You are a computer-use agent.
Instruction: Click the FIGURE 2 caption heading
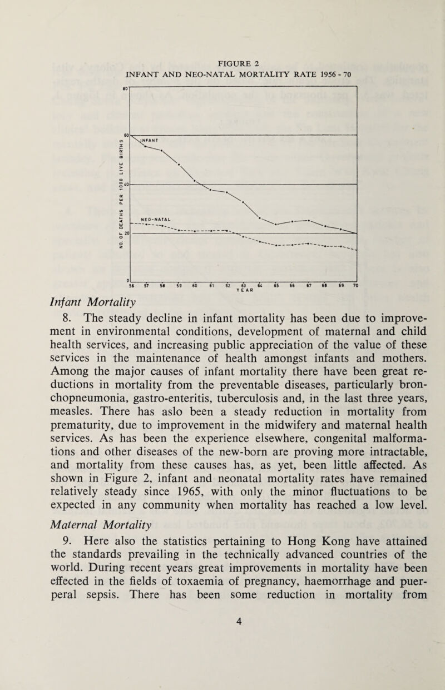coord(240,61)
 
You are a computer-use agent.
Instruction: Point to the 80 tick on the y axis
coord(125,87)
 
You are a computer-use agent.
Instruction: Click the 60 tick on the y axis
coord(126,135)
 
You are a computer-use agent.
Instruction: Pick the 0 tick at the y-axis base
coord(127,280)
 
